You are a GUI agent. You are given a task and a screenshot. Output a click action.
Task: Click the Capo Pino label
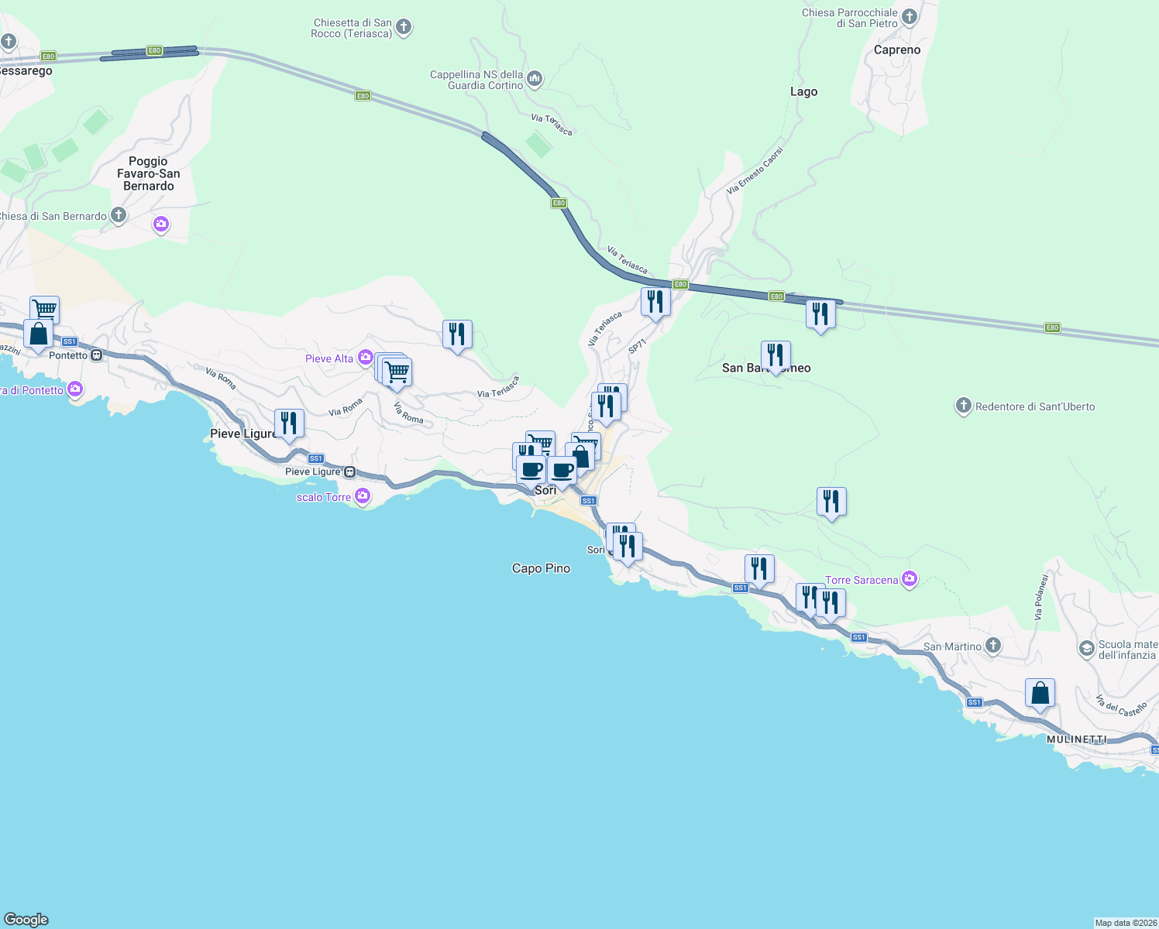541,568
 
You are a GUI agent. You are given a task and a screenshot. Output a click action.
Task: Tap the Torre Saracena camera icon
910,579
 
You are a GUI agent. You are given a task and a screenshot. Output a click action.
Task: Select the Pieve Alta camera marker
365,358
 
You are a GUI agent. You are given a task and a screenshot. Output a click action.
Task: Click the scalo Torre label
324,497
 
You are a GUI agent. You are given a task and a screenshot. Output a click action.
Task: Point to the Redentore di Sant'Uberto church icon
963,406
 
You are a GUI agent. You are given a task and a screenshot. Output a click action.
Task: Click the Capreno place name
897,50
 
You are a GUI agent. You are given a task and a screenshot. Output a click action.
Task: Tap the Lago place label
803,91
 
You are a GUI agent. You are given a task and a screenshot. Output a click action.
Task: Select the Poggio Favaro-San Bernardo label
149,173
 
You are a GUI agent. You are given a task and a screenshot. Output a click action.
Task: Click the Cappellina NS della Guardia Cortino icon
535,79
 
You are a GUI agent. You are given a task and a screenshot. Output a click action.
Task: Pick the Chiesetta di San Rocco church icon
404,28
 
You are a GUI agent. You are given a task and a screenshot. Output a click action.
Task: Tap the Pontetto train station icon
97,355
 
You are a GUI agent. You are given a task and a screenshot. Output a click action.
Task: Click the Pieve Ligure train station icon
350,471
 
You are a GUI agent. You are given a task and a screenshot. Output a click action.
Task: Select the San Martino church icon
993,646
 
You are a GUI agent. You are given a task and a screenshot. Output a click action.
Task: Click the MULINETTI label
1077,739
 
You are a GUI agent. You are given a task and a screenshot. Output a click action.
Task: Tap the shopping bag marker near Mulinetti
1040,693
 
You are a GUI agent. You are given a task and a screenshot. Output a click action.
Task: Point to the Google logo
26,919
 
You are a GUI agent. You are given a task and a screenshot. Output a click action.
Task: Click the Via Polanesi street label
1041,597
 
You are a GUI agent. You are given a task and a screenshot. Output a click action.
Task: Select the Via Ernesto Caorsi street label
755,170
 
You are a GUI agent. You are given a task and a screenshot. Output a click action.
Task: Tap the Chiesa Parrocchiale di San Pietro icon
910,17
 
